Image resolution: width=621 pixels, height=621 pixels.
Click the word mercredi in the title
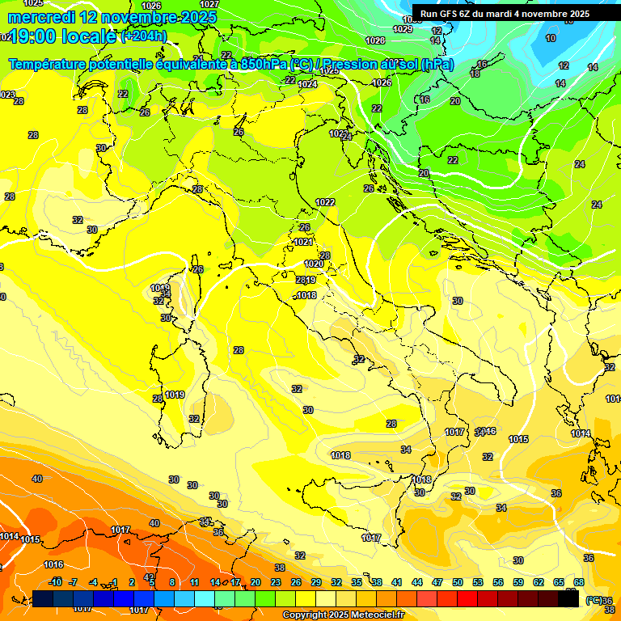pyautogui.click(x=41, y=17)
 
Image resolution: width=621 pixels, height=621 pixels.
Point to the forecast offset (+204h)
pyautogui.click(x=144, y=36)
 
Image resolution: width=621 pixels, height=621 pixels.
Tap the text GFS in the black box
pyautogui.click(x=450, y=14)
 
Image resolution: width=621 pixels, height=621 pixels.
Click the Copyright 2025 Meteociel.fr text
pyautogui.click(x=342, y=615)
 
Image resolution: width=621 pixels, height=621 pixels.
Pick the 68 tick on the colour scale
pyautogui.click(x=579, y=582)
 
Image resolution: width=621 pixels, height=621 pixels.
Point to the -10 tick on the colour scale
pyautogui.click(x=56, y=582)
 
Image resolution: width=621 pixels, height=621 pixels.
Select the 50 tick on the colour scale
pyautogui.click(x=458, y=582)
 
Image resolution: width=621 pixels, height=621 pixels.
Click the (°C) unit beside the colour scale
pyautogui.click(x=594, y=600)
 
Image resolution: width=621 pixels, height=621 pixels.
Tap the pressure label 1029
pyautogui.click(x=403, y=30)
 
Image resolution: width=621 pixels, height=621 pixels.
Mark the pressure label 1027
pyautogui.click(x=209, y=4)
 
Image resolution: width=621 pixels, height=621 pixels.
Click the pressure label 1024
pyautogui.click(x=307, y=84)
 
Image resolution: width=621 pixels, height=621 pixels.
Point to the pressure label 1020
pyautogui.click(x=314, y=264)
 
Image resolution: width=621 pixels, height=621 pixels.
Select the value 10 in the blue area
pyautogui.click(x=551, y=38)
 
